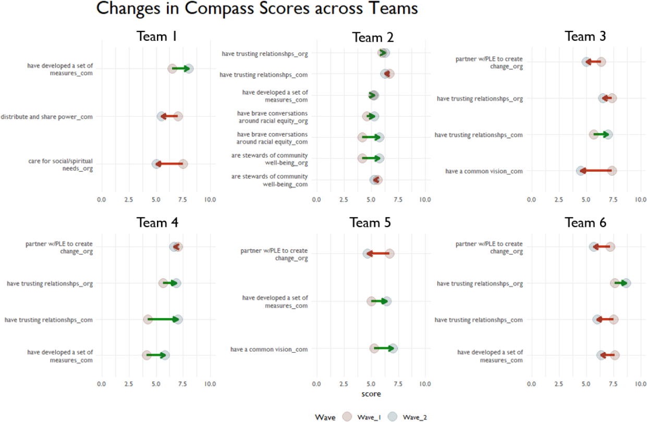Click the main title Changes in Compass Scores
[257, 9]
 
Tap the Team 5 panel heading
[370, 223]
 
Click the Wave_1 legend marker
[348, 416]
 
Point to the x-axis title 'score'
[371, 394]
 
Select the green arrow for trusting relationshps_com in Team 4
[163, 319]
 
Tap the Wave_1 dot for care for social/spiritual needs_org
[182, 164]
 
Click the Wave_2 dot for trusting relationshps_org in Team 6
[626, 283]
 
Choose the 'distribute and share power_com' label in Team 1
[47, 117]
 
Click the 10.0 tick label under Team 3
[640, 200]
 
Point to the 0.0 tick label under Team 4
[101, 384]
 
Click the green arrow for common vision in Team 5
[384, 348]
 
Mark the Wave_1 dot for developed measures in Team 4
[147, 355]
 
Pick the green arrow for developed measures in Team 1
[180, 69]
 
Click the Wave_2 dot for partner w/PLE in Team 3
[587, 62]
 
